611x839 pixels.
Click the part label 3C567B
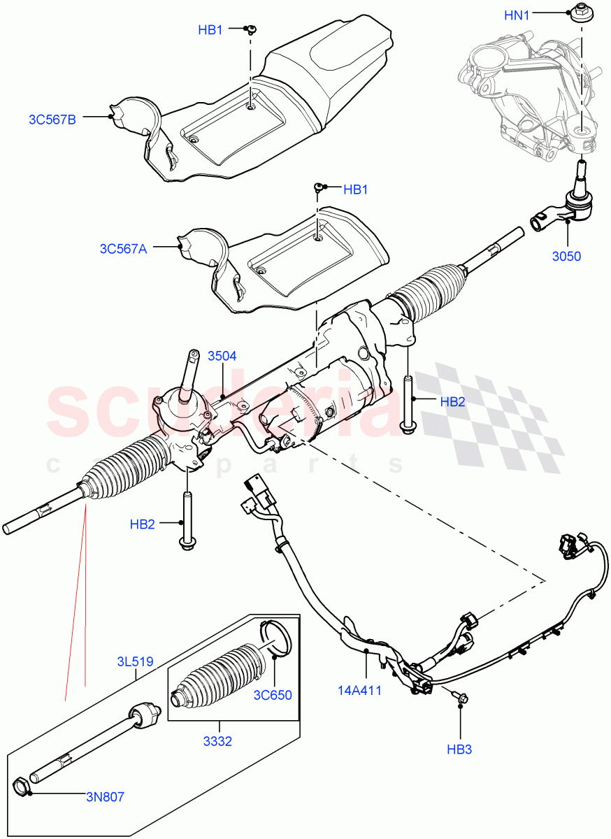[52, 119]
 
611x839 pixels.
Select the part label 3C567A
[123, 248]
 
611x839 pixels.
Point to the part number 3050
[566, 257]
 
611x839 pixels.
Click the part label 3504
[222, 356]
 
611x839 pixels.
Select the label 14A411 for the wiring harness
[359, 691]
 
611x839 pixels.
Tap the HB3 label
[460, 750]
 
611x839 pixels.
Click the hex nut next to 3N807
[22, 787]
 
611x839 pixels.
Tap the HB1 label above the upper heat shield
[210, 30]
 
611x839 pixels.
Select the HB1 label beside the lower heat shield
[355, 189]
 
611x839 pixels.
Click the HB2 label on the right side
[452, 401]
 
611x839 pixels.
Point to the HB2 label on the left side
[142, 524]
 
